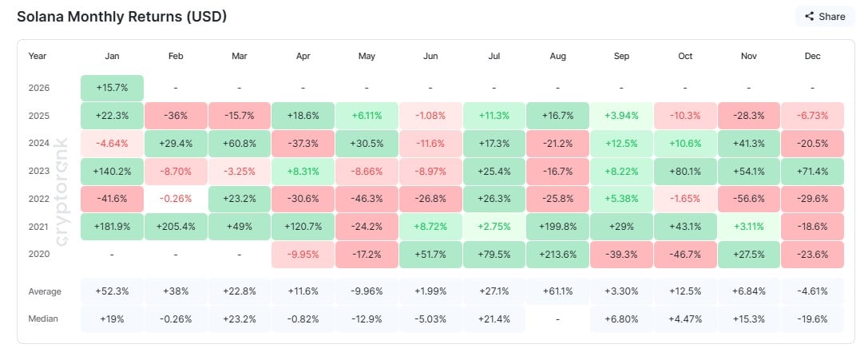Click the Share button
tap(825, 16)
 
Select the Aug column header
tap(557, 56)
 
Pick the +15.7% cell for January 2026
tap(112, 87)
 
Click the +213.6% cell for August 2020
tap(557, 254)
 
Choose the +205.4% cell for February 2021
tap(176, 226)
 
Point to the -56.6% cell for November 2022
tap(748, 198)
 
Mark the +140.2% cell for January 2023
tap(112, 171)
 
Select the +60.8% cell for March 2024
tap(240, 143)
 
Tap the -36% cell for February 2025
tap(176, 115)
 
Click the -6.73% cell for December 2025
tap(812, 115)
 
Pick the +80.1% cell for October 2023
tap(685, 171)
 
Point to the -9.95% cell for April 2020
tap(303, 254)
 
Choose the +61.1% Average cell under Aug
tap(557, 291)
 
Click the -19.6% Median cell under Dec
tap(812, 318)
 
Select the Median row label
tap(43, 318)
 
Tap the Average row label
tap(45, 291)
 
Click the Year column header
tap(38, 56)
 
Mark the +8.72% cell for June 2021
tap(430, 226)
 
